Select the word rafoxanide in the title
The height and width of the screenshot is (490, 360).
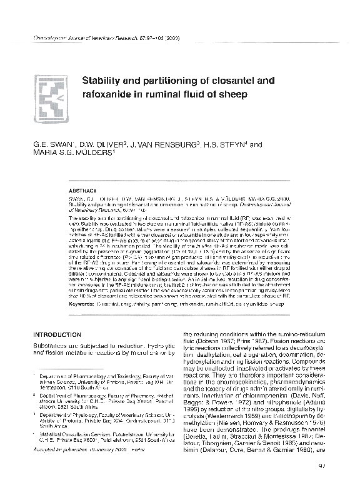110,94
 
